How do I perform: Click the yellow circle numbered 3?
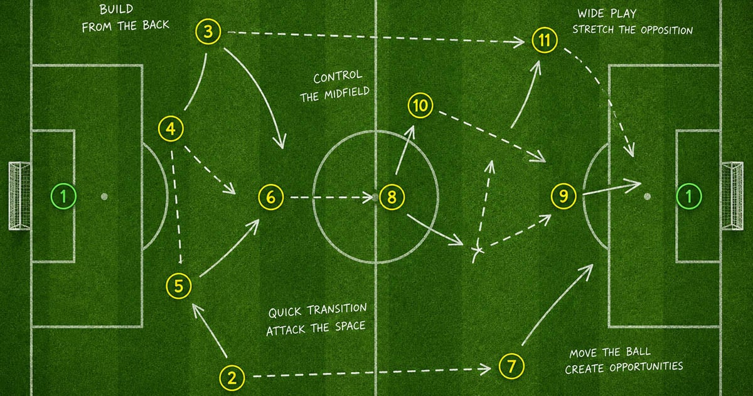208,31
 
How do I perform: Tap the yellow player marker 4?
171,129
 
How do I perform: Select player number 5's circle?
179,286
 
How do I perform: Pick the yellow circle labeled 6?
271,197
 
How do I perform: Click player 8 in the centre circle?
392,197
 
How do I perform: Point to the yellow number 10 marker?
420,106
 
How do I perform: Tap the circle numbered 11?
545,40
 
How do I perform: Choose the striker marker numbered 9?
563,196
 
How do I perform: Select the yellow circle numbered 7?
511,366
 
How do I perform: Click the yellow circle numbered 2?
232,378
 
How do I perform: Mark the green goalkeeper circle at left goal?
63,196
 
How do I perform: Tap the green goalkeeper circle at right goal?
689,196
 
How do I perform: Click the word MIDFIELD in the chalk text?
346,93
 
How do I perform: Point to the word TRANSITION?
336,309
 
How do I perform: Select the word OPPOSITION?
666,30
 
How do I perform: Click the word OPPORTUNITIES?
646,366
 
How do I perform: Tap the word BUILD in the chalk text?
116,9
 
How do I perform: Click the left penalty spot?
104,196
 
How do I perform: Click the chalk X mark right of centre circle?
478,250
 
